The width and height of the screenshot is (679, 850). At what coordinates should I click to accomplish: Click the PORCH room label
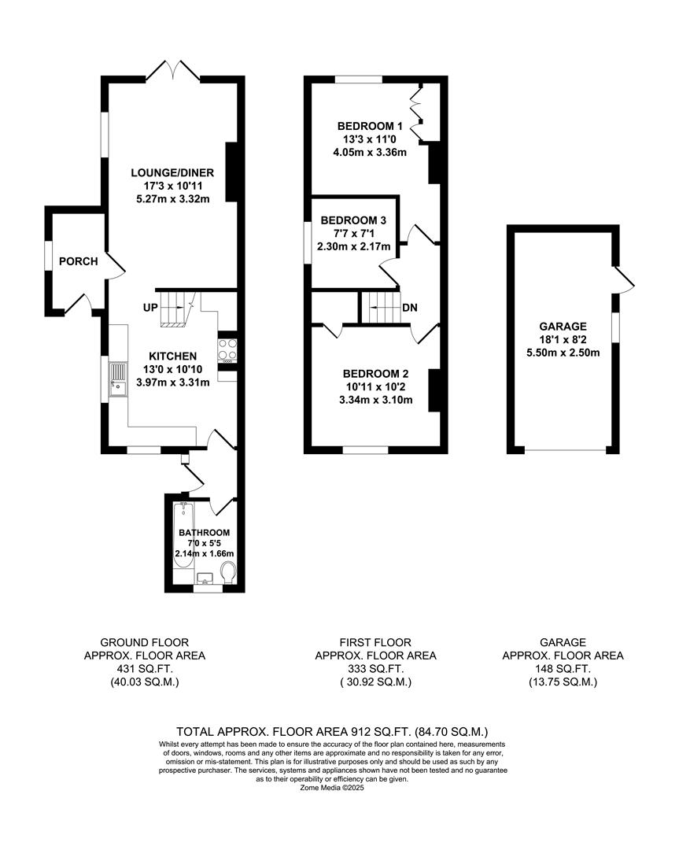click(78, 261)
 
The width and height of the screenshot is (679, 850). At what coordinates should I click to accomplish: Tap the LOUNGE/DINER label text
click(172, 172)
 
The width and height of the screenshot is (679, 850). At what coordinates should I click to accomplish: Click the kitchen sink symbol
click(118, 379)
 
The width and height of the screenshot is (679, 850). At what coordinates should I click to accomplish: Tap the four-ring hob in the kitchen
click(227, 349)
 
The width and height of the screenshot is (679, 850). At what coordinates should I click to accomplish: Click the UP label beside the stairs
click(150, 306)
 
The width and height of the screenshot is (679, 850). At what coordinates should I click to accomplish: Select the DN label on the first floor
click(409, 308)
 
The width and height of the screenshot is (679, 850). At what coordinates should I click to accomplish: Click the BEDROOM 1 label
click(370, 126)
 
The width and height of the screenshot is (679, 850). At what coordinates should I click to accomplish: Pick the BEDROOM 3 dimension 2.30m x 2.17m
click(348, 246)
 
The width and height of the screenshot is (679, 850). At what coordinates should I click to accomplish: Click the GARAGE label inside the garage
click(563, 327)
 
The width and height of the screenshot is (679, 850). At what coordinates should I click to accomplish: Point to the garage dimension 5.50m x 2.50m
click(563, 353)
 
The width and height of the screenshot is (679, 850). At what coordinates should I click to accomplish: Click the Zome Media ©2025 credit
click(332, 787)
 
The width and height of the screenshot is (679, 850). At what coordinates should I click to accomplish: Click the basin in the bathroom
click(204, 579)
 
